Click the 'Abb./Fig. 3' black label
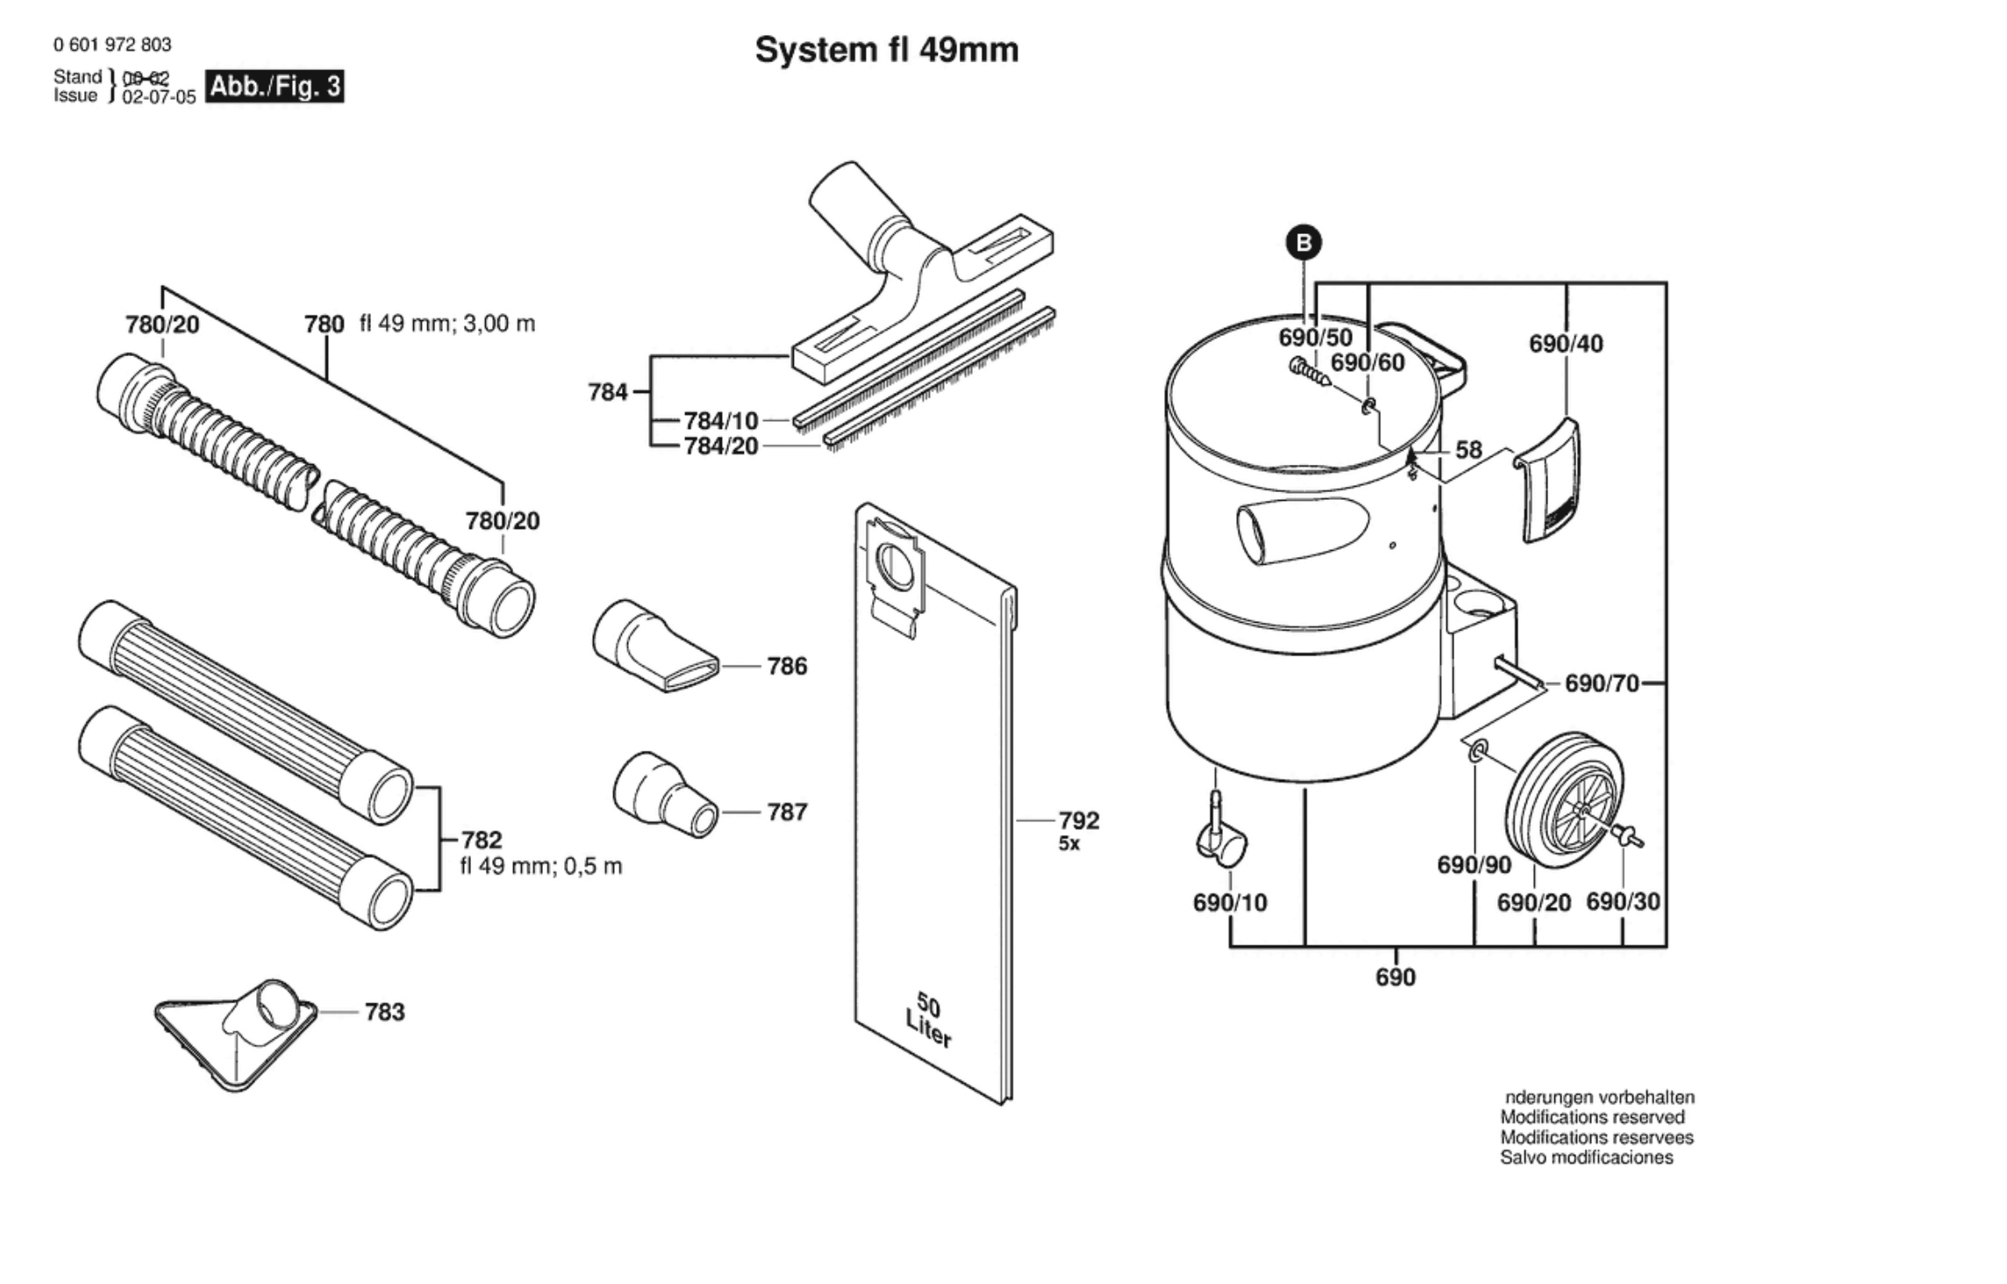click(x=274, y=87)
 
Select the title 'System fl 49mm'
click(x=886, y=50)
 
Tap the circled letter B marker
click(x=1303, y=242)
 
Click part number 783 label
click(x=384, y=1012)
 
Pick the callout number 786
click(x=786, y=667)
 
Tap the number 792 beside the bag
click(x=1078, y=820)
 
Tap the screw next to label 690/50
click(x=1309, y=373)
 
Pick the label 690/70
click(x=1602, y=682)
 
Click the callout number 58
click(x=1468, y=450)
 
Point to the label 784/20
click(x=721, y=446)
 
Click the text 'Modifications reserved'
click(x=1592, y=1117)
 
